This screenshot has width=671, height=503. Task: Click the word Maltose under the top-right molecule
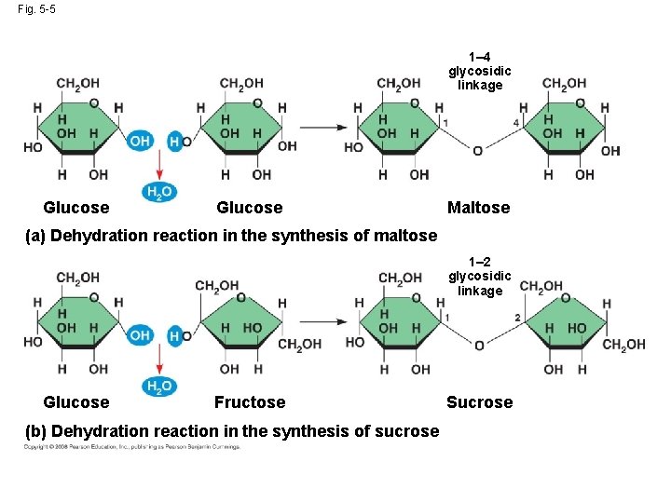click(x=478, y=208)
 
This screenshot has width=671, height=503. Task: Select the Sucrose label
click(x=479, y=402)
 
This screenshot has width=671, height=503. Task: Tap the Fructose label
click(x=250, y=402)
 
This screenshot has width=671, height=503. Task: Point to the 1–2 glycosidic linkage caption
click(x=480, y=277)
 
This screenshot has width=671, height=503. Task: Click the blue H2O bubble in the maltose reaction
click(x=157, y=192)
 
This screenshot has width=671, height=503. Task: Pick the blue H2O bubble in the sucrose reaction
click(x=157, y=387)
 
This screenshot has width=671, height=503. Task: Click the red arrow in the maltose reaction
click(x=158, y=166)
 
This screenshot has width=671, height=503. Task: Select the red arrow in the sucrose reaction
click(x=158, y=360)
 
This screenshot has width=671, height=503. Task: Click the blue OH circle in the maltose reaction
click(x=140, y=141)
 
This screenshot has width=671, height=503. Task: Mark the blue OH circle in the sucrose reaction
click(x=140, y=334)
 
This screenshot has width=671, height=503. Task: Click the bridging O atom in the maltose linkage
click(x=477, y=150)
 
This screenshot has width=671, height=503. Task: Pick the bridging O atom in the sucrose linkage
click(x=479, y=345)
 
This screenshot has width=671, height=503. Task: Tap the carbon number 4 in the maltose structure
click(x=516, y=123)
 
